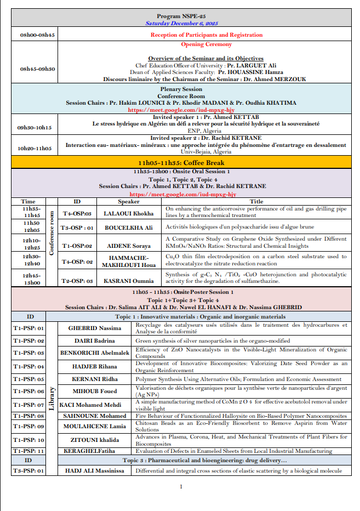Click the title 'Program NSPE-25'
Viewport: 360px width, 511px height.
(x=180, y=17)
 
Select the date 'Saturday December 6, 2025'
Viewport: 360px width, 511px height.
(x=180, y=24)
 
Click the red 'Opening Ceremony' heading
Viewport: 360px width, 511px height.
(x=207, y=45)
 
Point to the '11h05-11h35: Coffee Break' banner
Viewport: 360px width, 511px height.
(x=180, y=163)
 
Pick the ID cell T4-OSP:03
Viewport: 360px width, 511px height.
(x=77, y=213)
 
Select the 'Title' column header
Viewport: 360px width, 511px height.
(x=256, y=202)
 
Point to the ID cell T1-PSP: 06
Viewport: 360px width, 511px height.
(x=28, y=391)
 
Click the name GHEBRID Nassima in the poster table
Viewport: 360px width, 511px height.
(x=95, y=328)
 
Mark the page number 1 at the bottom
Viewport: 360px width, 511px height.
(x=180, y=486)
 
